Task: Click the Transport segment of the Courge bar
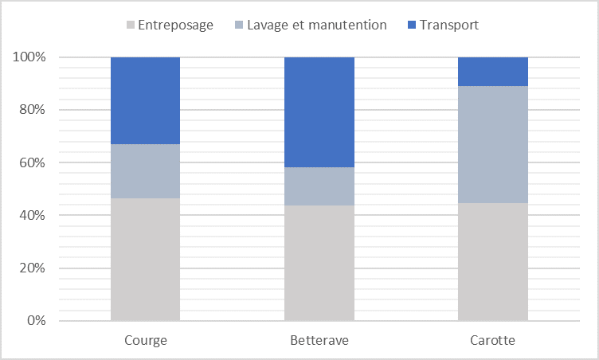pyautogui.click(x=145, y=100)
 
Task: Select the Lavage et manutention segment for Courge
pyautogui.click(x=145, y=171)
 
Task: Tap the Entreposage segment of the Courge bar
pyautogui.click(x=145, y=260)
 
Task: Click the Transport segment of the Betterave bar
pyautogui.click(x=319, y=112)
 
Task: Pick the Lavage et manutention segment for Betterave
pyautogui.click(x=319, y=186)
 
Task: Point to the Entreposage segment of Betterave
pyautogui.click(x=319, y=263)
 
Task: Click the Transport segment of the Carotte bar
pyautogui.click(x=493, y=72)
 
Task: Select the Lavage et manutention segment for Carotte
pyautogui.click(x=493, y=144)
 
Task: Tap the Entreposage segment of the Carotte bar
pyautogui.click(x=493, y=262)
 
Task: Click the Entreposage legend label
pyautogui.click(x=175, y=25)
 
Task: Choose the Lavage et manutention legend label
pyautogui.click(x=317, y=25)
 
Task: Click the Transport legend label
pyautogui.click(x=450, y=25)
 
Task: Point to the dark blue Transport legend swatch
pyautogui.click(x=412, y=25)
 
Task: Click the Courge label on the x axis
pyautogui.click(x=145, y=340)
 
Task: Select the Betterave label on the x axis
pyautogui.click(x=319, y=340)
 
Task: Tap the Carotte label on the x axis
pyautogui.click(x=493, y=340)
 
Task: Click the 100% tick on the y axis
pyautogui.click(x=29, y=57)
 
